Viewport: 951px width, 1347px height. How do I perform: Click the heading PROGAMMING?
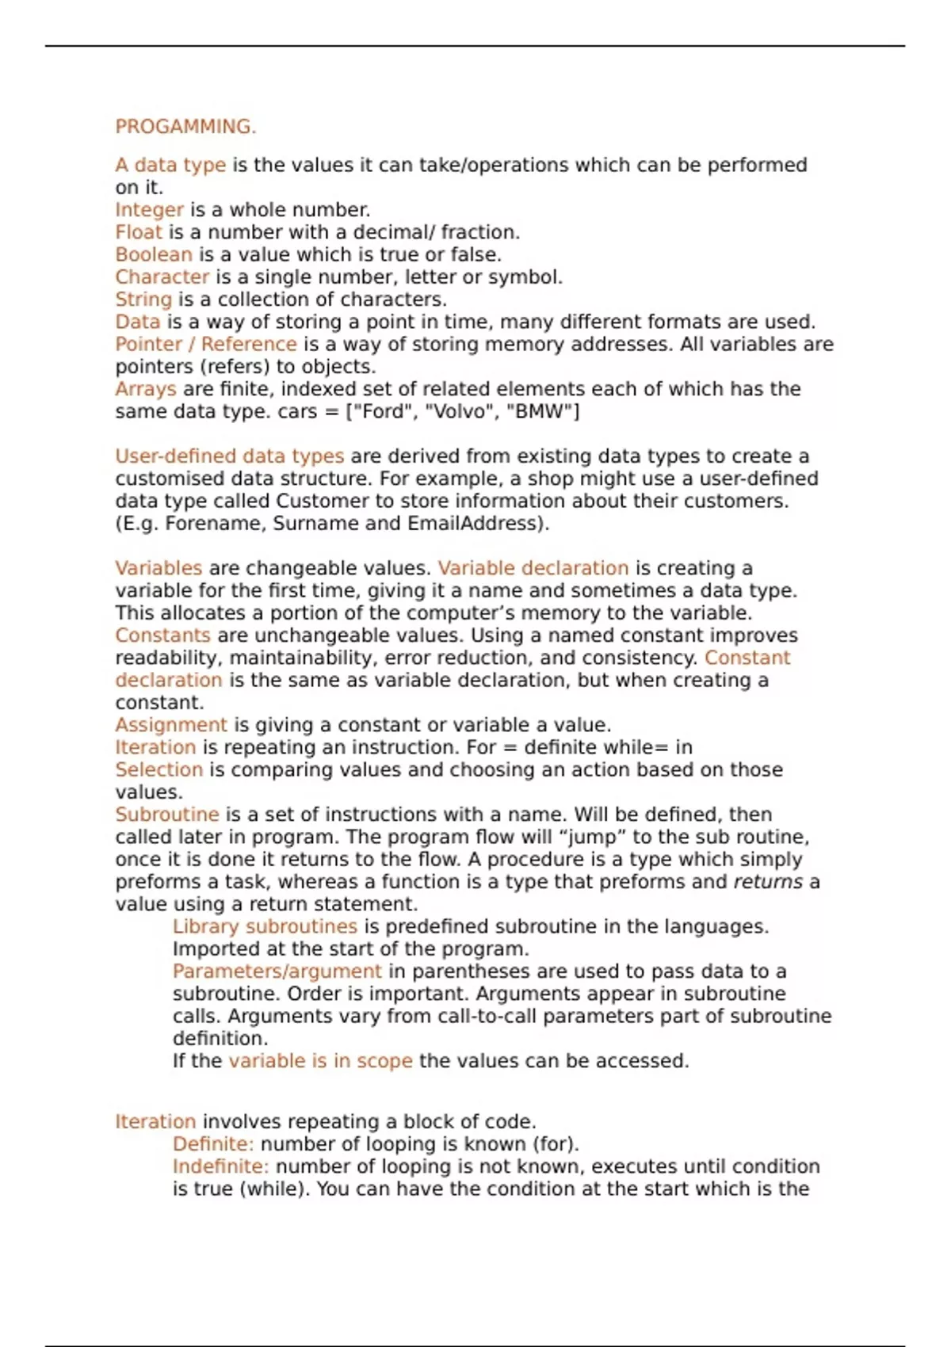pyautogui.click(x=185, y=127)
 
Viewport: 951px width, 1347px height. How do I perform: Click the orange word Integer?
pyautogui.click(x=149, y=210)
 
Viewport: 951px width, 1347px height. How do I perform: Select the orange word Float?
pyautogui.click(x=138, y=232)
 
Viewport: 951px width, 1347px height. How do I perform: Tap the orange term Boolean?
pyautogui.click(x=154, y=254)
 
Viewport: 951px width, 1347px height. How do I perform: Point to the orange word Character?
pyautogui.click(x=162, y=277)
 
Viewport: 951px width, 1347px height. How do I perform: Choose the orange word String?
pyautogui.click(x=143, y=300)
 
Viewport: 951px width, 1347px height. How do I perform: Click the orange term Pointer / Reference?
pyautogui.click(x=206, y=344)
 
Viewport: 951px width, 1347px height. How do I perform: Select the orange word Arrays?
pyautogui.click(x=146, y=389)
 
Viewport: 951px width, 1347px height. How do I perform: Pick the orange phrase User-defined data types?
pyautogui.click(x=230, y=456)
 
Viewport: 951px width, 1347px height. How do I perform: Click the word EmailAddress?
pyautogui.click(x=473, y=524)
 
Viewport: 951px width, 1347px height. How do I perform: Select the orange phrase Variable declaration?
pyautogui.click(x=533, y=568)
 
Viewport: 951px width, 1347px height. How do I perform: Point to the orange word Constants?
pyautogui.click(x=162, y=635)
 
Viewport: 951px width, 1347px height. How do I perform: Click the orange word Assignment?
pyautogui.click(x=171, y=725)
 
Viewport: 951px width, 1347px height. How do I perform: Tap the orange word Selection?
pyautogui.click(x=158, y=769)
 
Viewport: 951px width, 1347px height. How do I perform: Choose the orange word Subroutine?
pyautogui.click(x=166, y=815)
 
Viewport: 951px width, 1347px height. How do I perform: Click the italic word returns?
pyautogui.click(x=768, y=882)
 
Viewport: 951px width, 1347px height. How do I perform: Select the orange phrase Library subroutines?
pyautogui.click(x=265, y=926)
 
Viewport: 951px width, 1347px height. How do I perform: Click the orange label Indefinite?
pyautogui.click(x=220, y=1166)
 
